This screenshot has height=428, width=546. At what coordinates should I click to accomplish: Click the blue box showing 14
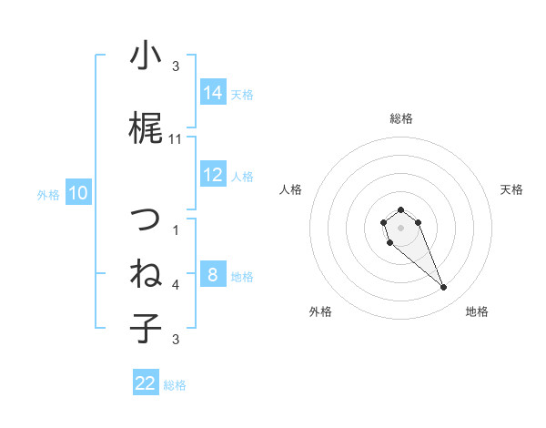point(213,93)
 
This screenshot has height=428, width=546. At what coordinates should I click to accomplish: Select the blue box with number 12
point(213,175)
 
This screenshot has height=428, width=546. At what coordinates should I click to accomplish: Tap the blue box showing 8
point(213,275)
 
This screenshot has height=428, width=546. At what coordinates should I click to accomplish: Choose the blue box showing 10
point(78,193)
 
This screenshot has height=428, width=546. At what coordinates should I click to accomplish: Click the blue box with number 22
point(146,383)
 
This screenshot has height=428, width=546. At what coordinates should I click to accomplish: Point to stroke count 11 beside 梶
point(176,139)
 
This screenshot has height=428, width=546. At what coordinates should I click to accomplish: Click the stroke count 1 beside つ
point(176,230)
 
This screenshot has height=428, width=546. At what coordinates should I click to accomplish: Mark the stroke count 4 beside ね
point(176,285)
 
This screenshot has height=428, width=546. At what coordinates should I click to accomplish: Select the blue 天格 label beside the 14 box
point(242,94)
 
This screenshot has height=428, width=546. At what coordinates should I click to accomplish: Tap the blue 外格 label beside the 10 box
point(47,194)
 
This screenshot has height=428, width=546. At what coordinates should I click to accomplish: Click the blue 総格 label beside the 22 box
point(175,384)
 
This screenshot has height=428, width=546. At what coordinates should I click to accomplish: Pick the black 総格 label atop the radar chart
point(401,117)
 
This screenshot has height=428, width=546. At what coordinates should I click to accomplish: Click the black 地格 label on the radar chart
point(477,311)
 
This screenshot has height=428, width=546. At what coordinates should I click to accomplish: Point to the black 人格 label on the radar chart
point(291,189)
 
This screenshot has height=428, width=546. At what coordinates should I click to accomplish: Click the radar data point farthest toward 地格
point(443,288)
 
